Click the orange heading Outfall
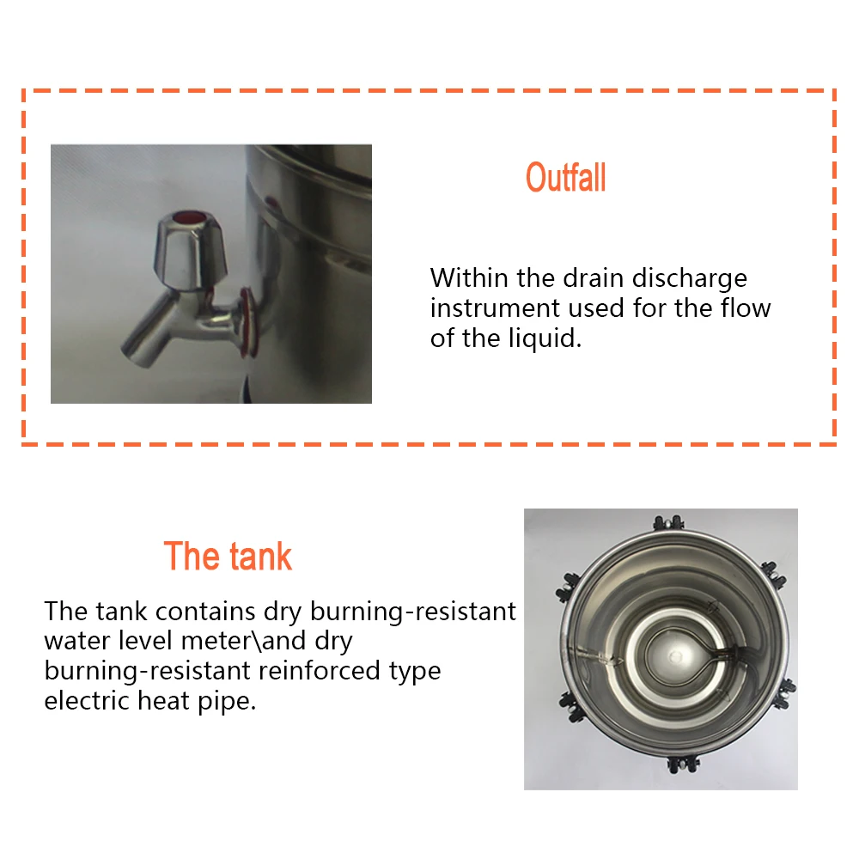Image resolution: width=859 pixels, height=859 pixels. (565, 179)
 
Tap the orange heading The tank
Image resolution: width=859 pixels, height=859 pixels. (228, 557)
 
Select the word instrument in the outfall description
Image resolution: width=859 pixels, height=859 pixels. (483, 308)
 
